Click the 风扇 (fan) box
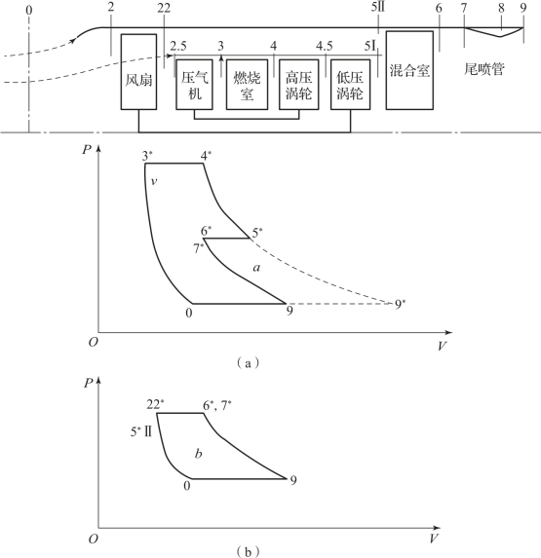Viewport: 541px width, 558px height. (x=138, y=71)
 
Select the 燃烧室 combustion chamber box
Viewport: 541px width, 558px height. (x=247, y=85)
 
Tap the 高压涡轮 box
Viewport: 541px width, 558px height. (x=299, y=85)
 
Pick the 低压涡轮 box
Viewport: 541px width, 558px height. (x=351, y=85)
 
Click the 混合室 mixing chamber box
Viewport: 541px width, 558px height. (x=409, y=70)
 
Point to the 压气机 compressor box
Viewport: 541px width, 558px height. (x=194, y=85)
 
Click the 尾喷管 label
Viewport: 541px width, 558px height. (x=484, y=69)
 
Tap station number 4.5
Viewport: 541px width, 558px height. (x=324, y=46)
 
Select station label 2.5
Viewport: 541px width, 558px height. (x=178, y=46)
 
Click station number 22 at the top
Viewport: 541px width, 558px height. (x=164, y=8)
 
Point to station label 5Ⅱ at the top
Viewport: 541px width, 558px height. (x=378, y=8)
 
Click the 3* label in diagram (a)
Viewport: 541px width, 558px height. (x=147, y=156)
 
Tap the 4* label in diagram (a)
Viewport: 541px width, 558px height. (x=206, y=156)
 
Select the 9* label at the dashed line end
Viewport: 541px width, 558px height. (x=401, y=305)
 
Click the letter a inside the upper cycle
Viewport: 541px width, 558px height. (x=256, y=267)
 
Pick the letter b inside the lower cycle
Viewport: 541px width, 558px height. (x=199, y=453)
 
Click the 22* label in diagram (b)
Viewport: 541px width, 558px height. (x=155, y=405)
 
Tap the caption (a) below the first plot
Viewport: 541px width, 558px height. (x=248, y=363)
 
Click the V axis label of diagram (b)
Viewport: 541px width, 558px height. (x=433, y=539)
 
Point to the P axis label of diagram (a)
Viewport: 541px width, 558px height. (x=87, y=149)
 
